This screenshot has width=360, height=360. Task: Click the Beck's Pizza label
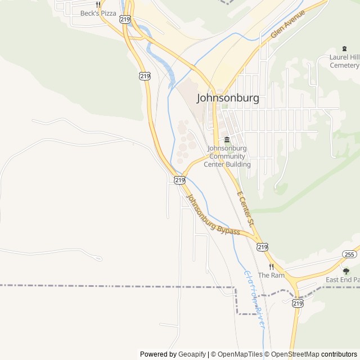point(98,13)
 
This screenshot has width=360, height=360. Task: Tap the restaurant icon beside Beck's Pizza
point(98,4)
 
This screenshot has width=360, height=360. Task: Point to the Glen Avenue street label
point(287,24)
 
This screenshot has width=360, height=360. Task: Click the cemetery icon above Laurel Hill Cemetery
point(345,49)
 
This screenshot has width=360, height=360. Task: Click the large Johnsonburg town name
point(228,98)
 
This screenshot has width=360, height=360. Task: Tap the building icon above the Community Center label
point(227,139)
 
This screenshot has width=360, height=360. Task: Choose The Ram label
point(271,275)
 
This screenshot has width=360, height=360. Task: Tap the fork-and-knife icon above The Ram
point(271,267)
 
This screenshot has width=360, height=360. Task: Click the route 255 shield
point(349,254)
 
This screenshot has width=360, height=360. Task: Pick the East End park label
point(343,280)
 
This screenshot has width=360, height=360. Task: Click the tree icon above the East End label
point(346,271)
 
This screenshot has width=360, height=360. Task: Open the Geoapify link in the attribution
point(192,354)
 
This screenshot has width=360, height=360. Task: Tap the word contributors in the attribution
point(339,354)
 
